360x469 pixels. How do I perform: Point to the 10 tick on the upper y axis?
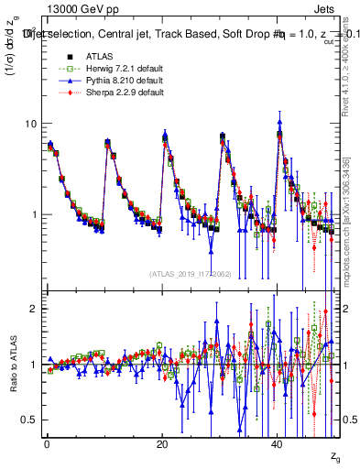[30, 124]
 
